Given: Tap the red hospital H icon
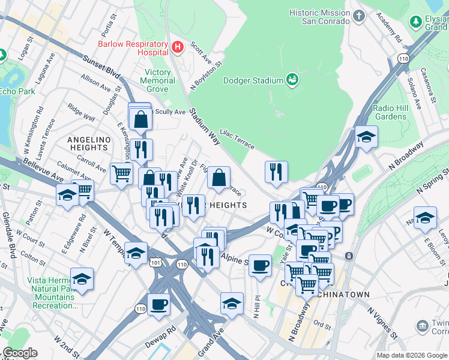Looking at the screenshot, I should (x=177, y=47).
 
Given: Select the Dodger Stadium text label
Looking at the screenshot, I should (x=253, y=80).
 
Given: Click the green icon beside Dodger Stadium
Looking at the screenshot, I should (x=292, y=79).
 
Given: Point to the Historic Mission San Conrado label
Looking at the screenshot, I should (x=319, y=17).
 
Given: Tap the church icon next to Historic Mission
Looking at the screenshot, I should (x=360, y=16).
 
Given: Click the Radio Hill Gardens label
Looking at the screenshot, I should (x=390, y=112).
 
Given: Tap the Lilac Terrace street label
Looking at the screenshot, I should (x=237, y=138).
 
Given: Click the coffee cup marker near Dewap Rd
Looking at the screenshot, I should (x=158, y=304).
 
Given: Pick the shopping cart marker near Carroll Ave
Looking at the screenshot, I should (x=121, y=173).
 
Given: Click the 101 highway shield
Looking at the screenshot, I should (x=157, y=262).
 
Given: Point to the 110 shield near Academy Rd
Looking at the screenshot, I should (x=403, y=58).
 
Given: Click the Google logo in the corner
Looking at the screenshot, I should (x=19, y=353).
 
